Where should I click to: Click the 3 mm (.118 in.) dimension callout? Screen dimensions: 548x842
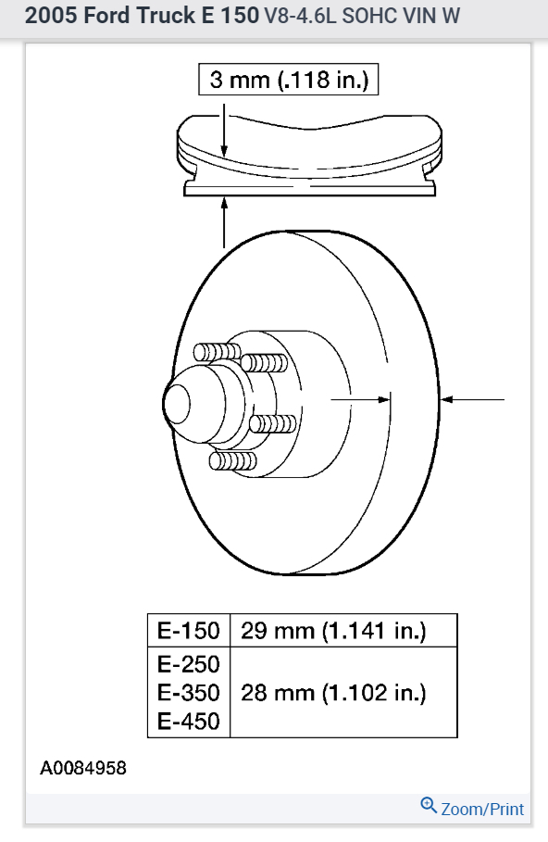click(x=289, y=80)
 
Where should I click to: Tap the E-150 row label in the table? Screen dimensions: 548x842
click(x=189, y=631)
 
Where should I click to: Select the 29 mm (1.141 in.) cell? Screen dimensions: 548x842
click(x=333, y=631)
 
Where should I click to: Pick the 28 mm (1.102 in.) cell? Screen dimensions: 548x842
click(x=333, y=693)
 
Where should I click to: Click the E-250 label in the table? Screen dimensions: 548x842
click(x=189, y=664)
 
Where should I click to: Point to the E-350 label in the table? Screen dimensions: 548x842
click(x=189, y=693)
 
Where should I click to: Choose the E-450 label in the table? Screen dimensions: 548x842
click(x=189, y=722)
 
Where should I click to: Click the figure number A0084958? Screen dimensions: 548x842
click(x=83, y=768)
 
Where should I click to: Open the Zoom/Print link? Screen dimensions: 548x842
click(x=482, y=809)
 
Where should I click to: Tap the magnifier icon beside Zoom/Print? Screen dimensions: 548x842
click(x=429, y=806)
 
